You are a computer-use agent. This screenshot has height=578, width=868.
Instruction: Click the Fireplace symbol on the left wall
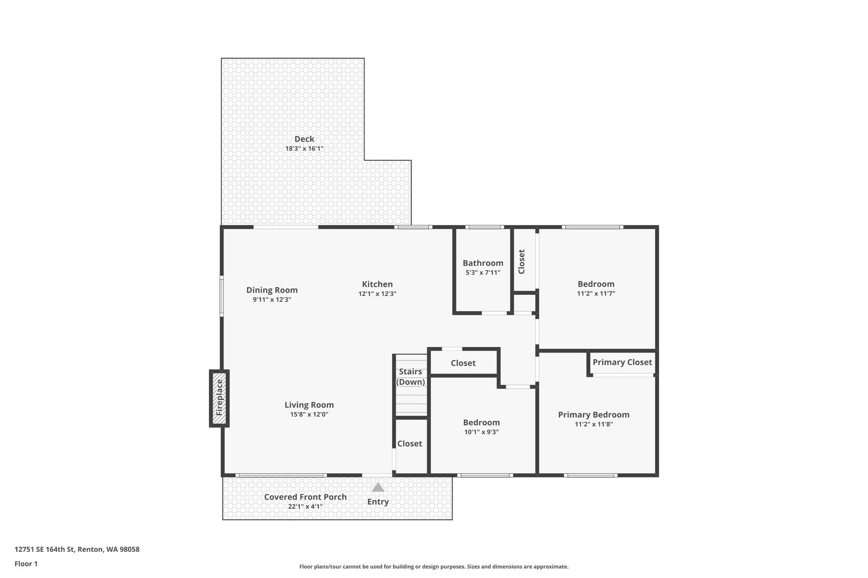coord(219,398)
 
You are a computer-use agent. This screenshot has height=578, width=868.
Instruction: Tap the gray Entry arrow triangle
coord(378,488)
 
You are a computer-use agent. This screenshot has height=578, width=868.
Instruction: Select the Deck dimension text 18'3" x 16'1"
coord(304,149)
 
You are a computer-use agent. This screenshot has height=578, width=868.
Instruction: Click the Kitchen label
coord(377,284)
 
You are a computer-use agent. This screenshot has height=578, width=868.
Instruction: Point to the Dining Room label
coord(272,290)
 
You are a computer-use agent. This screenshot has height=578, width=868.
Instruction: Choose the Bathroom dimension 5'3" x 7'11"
coord(483,273)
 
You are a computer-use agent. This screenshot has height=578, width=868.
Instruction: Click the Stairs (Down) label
coord(411,377)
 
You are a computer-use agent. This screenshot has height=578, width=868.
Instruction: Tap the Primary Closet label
coord(622,362)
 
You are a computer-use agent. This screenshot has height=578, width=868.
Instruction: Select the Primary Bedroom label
coord(593,415)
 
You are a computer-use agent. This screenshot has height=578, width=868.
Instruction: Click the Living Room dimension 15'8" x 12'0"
coord(309,415)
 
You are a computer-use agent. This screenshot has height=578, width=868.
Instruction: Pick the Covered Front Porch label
coord(305,497)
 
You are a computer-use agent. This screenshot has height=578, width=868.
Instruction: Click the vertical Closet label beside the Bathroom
coord(522,261)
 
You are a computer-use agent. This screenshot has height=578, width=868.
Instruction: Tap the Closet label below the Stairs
coord(409,443)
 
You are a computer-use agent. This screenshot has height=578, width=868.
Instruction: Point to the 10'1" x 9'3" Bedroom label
coord(481,422)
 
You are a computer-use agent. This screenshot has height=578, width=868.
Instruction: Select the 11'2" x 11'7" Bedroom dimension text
coord(596,293)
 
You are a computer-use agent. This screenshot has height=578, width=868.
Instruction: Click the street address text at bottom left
coord(77,550)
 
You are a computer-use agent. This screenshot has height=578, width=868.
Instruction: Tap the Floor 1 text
coord(26,564)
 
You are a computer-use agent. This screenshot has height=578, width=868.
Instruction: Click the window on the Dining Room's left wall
coord(221,296)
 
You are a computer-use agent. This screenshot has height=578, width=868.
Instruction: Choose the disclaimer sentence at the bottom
coord(434,567)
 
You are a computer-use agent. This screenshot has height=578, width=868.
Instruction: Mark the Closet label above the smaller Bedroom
coord(463,363)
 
